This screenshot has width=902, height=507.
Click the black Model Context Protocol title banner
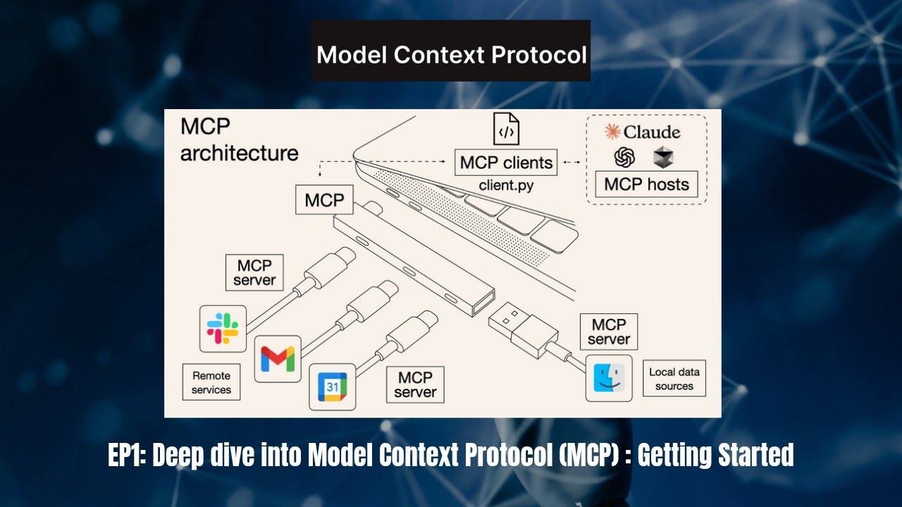(x=451, y=54)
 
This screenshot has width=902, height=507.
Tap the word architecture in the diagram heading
(x=239, y=154)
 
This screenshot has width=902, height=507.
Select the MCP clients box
(x=506, y=163)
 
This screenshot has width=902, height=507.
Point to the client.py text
(x=506, y=186)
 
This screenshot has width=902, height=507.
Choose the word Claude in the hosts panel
(x=651, y=132)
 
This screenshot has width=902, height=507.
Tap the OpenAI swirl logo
(x=624, y=158)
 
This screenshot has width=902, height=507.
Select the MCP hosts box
(x=646, y=184)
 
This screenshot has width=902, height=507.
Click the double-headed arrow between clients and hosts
(x=572, y=163)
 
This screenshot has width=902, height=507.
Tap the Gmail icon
(x=278, y=359)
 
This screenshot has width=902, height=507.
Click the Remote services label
(x=211, y=382)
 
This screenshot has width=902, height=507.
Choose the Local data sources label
(x=674, y=379)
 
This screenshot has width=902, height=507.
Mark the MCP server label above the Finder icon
(x=609, y=332)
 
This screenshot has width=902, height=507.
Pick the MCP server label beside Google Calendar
(x=415, y=385)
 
